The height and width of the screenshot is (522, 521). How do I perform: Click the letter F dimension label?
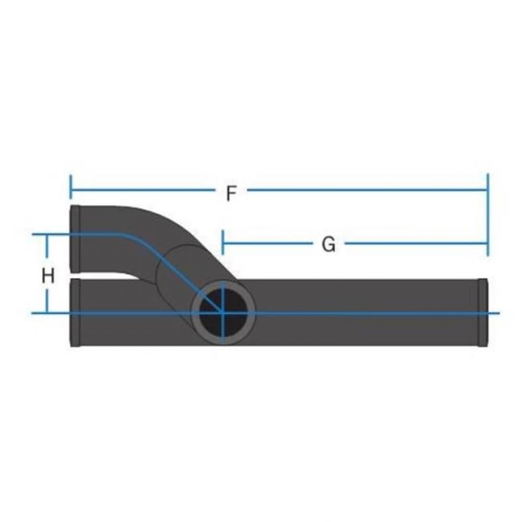point(231,194)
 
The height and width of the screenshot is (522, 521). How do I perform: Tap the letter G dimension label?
point(328,244)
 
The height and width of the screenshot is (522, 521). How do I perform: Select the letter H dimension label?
point(48,276)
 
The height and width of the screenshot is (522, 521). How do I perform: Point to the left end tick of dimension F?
point(70,186)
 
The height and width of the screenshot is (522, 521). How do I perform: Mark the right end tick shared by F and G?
point(488,215)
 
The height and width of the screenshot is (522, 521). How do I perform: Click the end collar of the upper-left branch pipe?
point(75,239)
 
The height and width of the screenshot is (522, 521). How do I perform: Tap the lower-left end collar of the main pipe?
point(75,313)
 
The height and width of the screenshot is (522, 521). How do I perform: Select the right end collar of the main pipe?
point(483,312)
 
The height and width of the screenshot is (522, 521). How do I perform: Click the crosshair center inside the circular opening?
point(223,313)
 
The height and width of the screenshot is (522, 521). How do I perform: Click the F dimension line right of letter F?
point(365,190)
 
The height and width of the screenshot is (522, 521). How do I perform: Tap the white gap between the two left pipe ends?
point(104,276)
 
